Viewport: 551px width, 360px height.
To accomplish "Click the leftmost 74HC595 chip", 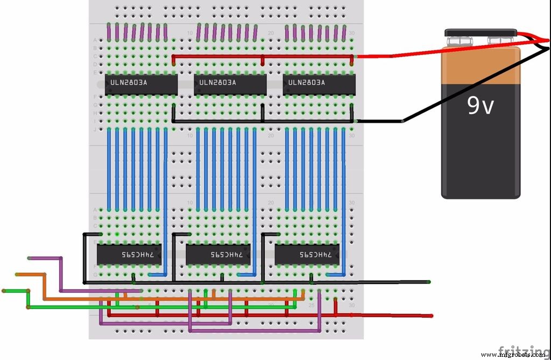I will click(x=129, y=255).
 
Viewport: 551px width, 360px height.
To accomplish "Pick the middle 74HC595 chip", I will click(x=218, y=255).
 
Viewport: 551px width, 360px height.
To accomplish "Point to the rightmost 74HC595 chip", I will click(x=307, y=255).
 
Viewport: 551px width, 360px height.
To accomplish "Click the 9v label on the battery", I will click(x=480, y=105).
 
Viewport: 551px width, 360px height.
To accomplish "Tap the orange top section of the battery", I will click(x=481, y=65).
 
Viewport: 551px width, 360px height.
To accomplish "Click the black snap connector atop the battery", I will click(x=481, y=33).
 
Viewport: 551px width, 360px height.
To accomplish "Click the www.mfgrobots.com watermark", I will click(x=513, y=355).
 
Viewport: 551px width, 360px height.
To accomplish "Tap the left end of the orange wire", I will click(x=17, y=274).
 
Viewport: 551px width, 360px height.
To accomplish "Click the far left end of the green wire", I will click(x=4, y=291).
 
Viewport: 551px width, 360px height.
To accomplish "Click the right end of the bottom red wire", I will click(x=430, y=316).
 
